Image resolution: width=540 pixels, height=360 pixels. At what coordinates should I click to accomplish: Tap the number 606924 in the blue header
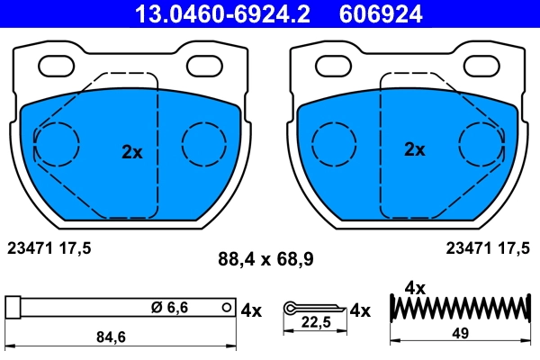(380, 13)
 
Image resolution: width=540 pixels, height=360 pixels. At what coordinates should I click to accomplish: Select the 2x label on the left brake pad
(132, 152)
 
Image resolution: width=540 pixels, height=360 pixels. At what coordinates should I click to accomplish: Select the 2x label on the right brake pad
(414, 149)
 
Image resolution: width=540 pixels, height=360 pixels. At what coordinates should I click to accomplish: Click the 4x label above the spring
(415, 288)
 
